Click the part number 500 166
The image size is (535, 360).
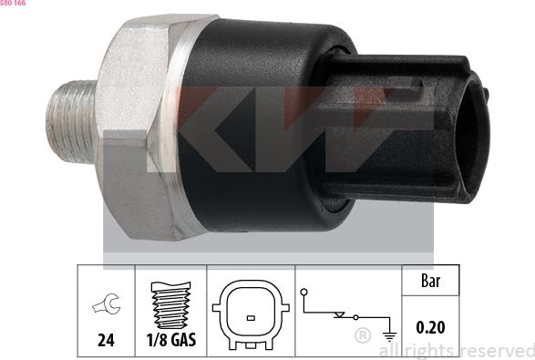(x=13, y=3)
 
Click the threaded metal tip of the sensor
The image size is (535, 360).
(x=71, y=121)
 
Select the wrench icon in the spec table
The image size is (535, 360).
(x=106, y=303)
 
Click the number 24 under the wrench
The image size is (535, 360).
(x=106, y=340)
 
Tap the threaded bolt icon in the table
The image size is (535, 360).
(x=171, y=304)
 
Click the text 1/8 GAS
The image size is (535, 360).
(x=171, y=340)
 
